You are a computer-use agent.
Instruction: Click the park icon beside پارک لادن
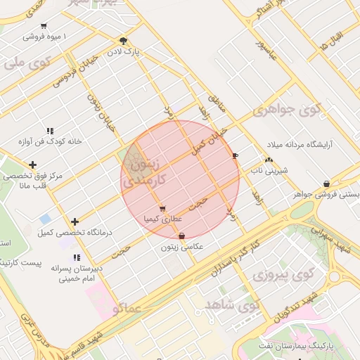click(x=124, y=41)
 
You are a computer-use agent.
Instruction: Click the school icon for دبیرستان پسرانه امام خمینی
click(x=76, y=258)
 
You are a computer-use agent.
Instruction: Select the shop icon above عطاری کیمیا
click(x=163, y=208)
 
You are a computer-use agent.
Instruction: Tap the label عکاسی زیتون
click(x=182, y=247)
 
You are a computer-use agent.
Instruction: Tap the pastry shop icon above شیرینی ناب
click(x=269, y=160)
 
